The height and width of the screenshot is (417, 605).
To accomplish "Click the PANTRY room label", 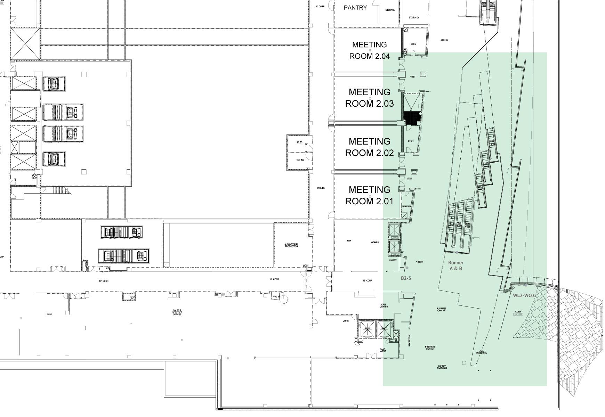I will pos(355,8).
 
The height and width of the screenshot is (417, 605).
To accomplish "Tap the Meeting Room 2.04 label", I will pos(369,50).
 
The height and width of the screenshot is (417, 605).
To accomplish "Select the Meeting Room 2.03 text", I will pos(369,98).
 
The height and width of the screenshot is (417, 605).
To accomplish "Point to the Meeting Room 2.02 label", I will pos(369,147).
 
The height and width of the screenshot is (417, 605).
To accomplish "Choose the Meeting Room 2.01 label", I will pos(369,195).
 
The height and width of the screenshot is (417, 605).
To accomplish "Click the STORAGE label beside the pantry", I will pos(390,10).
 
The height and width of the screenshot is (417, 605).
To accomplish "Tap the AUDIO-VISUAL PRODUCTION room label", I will pos(291,245).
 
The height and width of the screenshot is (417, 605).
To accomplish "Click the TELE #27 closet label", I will pos(300,160).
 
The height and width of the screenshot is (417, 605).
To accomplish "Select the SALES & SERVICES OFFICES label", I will pos(177,312).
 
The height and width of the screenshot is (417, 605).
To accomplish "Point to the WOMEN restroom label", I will pos(374,242).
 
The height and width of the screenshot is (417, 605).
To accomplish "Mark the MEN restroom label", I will pos(349,240).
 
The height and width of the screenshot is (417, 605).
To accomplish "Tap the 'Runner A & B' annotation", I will pos(455,265).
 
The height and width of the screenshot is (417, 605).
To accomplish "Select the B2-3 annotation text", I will pos(406,278).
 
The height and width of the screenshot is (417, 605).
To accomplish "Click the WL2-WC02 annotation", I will pos(525,296).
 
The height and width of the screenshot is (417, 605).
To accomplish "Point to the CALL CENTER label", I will pos(384,306).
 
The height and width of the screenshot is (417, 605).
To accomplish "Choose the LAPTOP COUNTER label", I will pos(442,367).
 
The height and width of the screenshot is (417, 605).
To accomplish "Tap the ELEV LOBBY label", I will pos(383,350).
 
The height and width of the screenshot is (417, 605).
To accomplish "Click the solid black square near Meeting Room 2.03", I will pos(412,118).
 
